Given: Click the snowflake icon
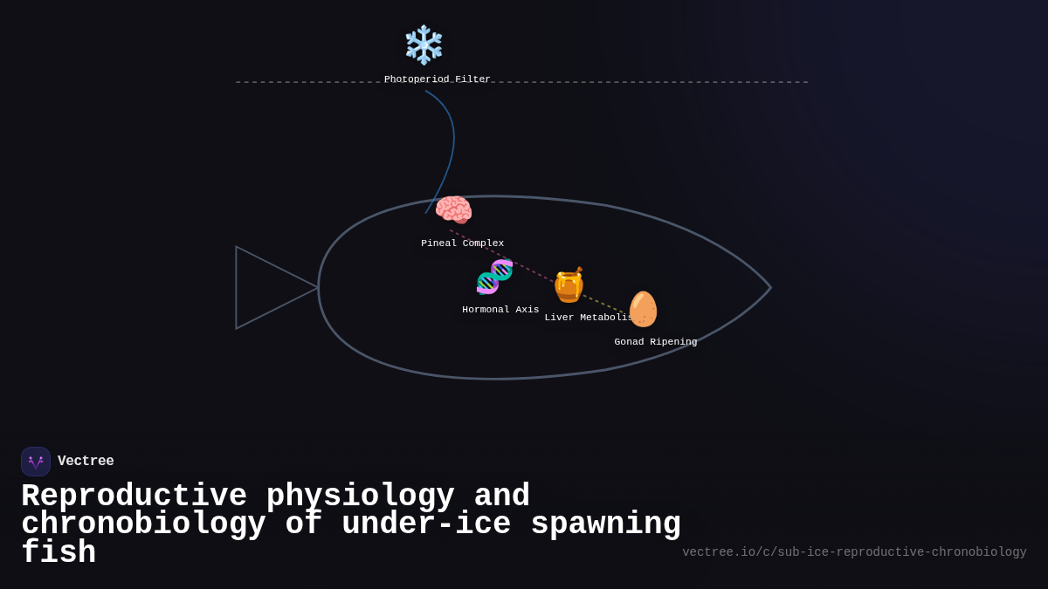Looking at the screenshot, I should [424, 45].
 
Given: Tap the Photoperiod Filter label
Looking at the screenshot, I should [437, 79].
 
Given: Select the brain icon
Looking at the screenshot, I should [453, 210].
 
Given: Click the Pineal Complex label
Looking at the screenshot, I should [462, 243].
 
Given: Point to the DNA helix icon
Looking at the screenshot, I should [494, 277].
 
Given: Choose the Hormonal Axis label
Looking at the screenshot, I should [500, 310].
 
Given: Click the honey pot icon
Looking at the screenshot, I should [569, 285].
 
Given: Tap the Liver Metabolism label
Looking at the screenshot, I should [588, 318].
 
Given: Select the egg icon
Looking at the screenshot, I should [643, 309].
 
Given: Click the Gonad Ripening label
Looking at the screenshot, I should [655, 342].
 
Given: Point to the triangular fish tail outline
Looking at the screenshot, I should [262, 287].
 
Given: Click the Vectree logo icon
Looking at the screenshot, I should [36, 462].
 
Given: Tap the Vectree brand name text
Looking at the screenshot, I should [86, 462].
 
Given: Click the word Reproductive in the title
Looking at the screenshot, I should [134, 496].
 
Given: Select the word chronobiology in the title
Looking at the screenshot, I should [143, 524].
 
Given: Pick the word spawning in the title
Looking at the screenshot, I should [605, 524].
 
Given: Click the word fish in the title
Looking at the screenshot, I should [59, 553].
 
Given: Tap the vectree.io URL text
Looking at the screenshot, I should [854, 552].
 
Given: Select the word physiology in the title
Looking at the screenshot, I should [360, 496].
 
